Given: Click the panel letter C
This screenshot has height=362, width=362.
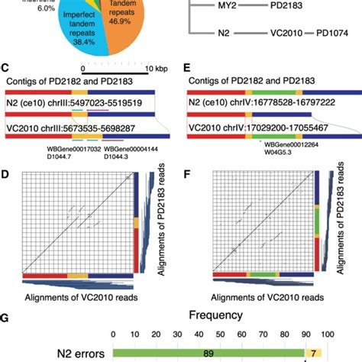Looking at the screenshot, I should click(x=7, y=66).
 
